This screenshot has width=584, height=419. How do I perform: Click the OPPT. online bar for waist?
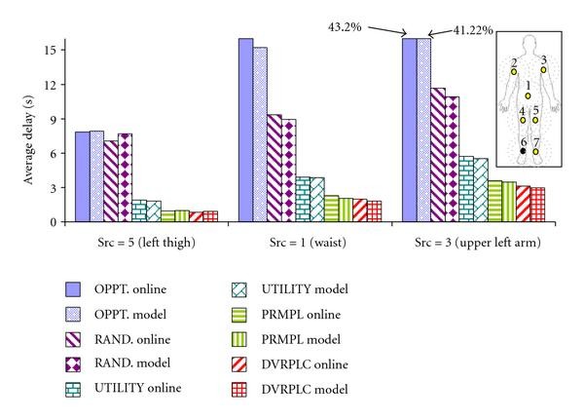click(245, 131)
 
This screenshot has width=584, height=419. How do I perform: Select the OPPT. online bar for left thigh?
click(82, 176)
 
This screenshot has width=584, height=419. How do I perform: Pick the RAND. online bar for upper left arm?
click(438, 155)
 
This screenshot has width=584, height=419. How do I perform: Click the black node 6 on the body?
click(523, 151)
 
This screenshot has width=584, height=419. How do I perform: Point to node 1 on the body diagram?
click(528, 96)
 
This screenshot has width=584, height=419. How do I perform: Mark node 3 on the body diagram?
click(544, 70)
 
